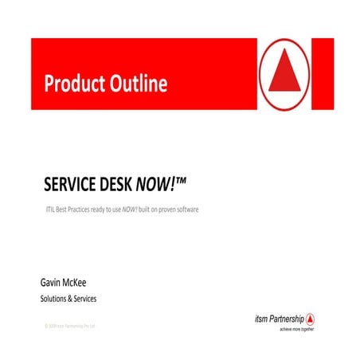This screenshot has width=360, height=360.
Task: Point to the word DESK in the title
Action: (x=127, y=186)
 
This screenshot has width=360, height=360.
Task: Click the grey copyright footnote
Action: (x=70, y=326)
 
